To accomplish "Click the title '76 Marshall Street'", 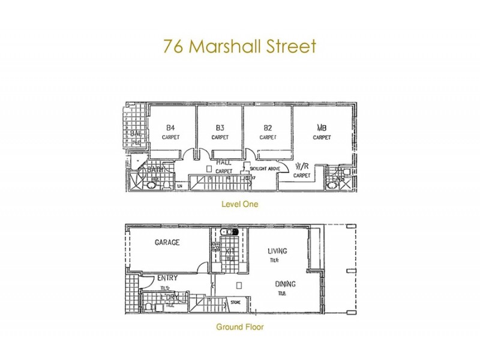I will click(x=239, y=46).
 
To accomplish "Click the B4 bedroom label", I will click(x=170, y=127).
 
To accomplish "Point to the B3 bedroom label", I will click(x=220, y=127).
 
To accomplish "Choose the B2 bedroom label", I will click(x=268, y=127).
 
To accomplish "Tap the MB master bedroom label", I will click(x=322, y=127).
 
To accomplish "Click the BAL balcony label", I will click(x=136, y=133).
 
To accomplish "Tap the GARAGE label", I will click(x=167, y=242).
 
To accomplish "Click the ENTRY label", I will click(x=166, y=279).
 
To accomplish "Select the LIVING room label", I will click(x=278, y=251).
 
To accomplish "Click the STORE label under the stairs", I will click(x=235, y=302).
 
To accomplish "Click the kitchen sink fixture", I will click(x=230, y=232).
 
